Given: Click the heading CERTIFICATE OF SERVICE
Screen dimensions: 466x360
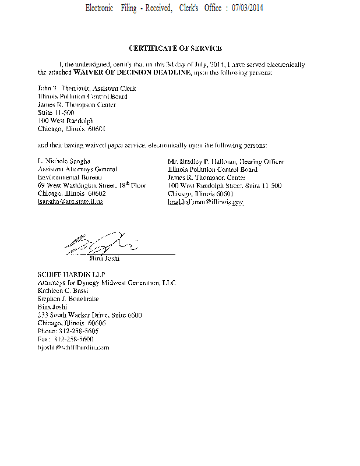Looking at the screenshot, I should coord(175,48).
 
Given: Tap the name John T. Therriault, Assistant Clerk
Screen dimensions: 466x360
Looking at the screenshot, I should coord(87,89).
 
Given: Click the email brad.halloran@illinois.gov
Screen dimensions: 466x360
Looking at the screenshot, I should coord(205,202).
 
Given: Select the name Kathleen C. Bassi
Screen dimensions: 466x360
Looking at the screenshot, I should coord(63,290).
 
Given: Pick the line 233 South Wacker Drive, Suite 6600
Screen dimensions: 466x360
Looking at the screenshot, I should coord(89,315).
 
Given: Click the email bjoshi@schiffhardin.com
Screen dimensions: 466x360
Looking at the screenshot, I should coord(73,347).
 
